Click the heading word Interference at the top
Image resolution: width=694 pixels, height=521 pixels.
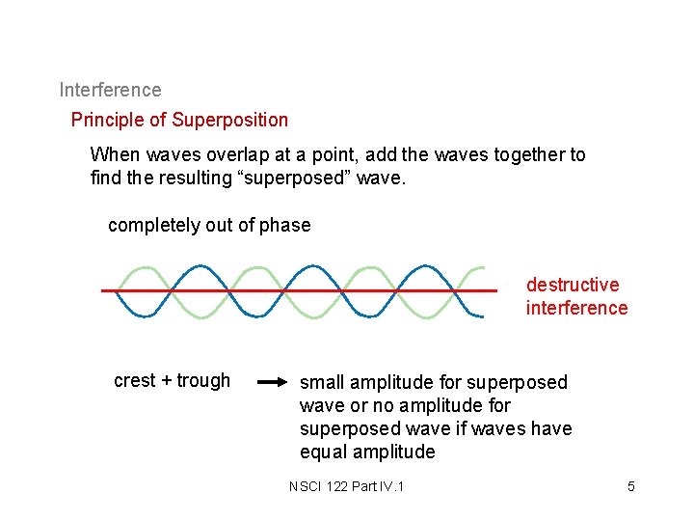(x=110, y=90)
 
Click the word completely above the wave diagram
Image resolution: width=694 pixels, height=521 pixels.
(x=154, y=225)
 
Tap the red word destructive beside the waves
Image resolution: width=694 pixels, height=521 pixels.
(x=573, y=285)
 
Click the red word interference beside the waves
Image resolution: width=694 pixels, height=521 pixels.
(x=576, y=308)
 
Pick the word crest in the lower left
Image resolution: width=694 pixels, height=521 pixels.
(x=135, y=380)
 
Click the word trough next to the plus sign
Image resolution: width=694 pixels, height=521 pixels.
(x=203, y=380)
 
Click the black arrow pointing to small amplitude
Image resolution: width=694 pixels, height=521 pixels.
(x=273, y=382)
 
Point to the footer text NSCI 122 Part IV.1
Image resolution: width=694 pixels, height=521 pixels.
(x=346, y=485)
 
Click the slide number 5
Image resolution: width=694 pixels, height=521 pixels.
(x=631, y=485)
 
